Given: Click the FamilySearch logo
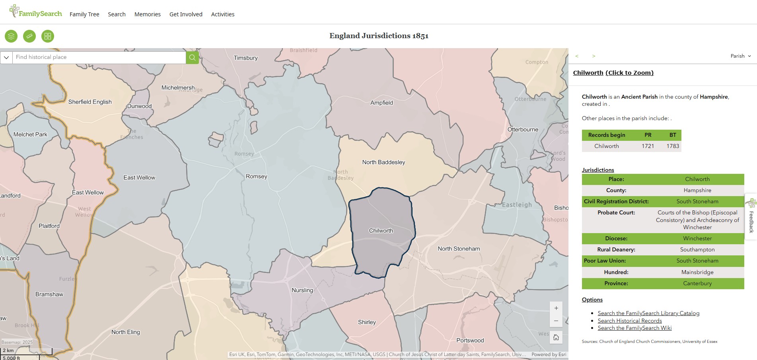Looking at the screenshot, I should click(x=36, y=12).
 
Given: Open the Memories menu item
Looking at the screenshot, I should click(x=147, y=14).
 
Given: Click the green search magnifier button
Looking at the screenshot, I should click(x=192, y=57).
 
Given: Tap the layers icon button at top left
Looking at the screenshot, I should click(x=11, y=36).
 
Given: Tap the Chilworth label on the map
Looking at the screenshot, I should click(x=381, y=231).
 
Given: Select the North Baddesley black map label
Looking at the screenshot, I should click(x=383, y=162).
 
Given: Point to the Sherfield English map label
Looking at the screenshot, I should click(x=90, y=102).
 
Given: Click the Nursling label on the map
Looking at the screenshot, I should click(x=302, y=290).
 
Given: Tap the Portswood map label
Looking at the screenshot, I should click(x=470, y=341).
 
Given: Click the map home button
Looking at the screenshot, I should click(x=556, y=338).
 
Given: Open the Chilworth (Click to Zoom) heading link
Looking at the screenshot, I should click(x=613, y=73).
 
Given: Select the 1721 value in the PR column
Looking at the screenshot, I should click(x=648, y=146).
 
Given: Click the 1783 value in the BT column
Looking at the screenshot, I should click(x=673, y=146).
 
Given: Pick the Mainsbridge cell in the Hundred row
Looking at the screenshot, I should click(x=697, y=272).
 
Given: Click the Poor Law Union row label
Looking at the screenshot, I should click(x=605, y=261).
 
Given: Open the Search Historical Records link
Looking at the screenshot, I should click(x=629, y=321).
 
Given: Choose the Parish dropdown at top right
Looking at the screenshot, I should click(x=740, y=56).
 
